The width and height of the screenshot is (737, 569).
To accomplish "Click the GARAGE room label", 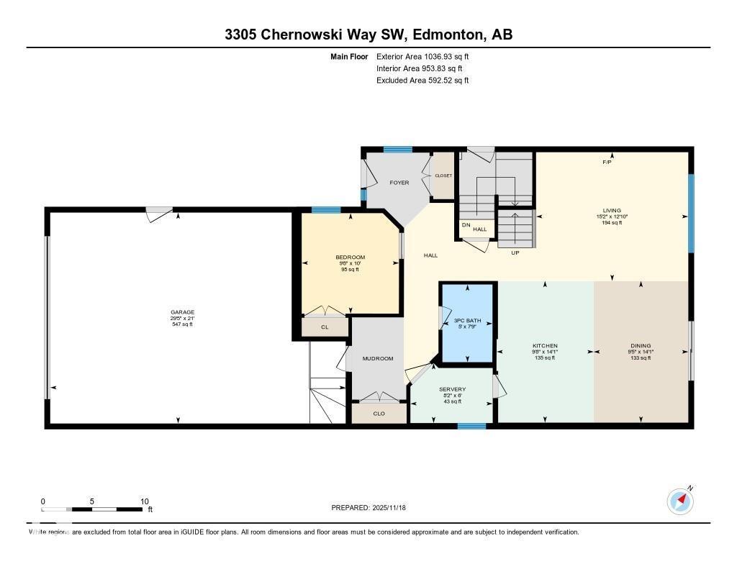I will point(182,312).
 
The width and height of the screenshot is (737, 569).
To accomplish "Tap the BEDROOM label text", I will point(350,258).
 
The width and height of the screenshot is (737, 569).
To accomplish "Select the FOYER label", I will point(399,183).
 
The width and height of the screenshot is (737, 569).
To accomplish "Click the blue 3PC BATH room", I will point(468,324).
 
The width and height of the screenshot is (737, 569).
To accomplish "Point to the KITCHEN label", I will point(545,346).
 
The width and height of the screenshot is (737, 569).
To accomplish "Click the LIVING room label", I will point(612,211).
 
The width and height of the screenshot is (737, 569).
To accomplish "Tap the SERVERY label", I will point(452,389).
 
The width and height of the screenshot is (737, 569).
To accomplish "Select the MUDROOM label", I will point(377,358).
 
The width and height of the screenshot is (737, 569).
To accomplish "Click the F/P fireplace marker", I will point(607,163).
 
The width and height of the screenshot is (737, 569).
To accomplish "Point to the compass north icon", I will point(679,500).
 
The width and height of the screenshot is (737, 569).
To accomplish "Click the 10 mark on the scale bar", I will point(144,501).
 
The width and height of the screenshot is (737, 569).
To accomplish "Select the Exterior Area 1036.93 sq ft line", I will point(422,56).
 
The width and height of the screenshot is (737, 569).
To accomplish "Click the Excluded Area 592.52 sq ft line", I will point(422,81).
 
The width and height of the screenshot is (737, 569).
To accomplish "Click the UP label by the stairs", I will point(515,253).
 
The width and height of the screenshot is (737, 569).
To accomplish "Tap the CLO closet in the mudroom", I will point(379,414).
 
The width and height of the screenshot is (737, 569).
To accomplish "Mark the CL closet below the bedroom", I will point(325,327).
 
